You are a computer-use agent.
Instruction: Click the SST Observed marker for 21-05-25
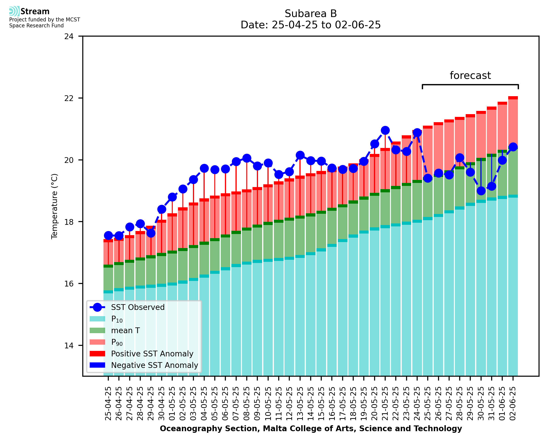click(x=385, y=130)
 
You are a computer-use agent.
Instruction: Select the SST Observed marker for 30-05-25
click(x=481, y=191)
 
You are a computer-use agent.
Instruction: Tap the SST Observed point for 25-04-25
click(x=108, y=236)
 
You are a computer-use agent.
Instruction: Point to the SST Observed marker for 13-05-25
click(x=300, y=155)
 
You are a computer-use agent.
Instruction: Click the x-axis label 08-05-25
click(x=247, y=404)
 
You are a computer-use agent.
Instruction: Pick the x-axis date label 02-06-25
click(x=513, y=404)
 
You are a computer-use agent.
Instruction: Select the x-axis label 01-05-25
click(x=172, y=404)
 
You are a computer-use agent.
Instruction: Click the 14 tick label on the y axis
click(x=69, y=346)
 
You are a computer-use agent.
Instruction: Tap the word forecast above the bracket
click(x=470, y=76)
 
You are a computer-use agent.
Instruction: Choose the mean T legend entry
click(x=125, y=330)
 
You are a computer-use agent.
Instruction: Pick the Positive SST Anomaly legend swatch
click(x=97, y=354)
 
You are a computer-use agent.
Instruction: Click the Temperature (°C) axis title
click(x=55, y=206)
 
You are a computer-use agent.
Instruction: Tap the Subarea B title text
click(x=311, y=14)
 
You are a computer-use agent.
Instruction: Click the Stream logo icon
click(x=14, y=11)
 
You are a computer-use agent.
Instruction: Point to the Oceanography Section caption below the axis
click(x=311, y=429)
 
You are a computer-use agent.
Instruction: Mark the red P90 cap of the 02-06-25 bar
click(x=513, y=98)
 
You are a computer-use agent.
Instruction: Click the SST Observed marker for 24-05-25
click(x=417, y=133)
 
